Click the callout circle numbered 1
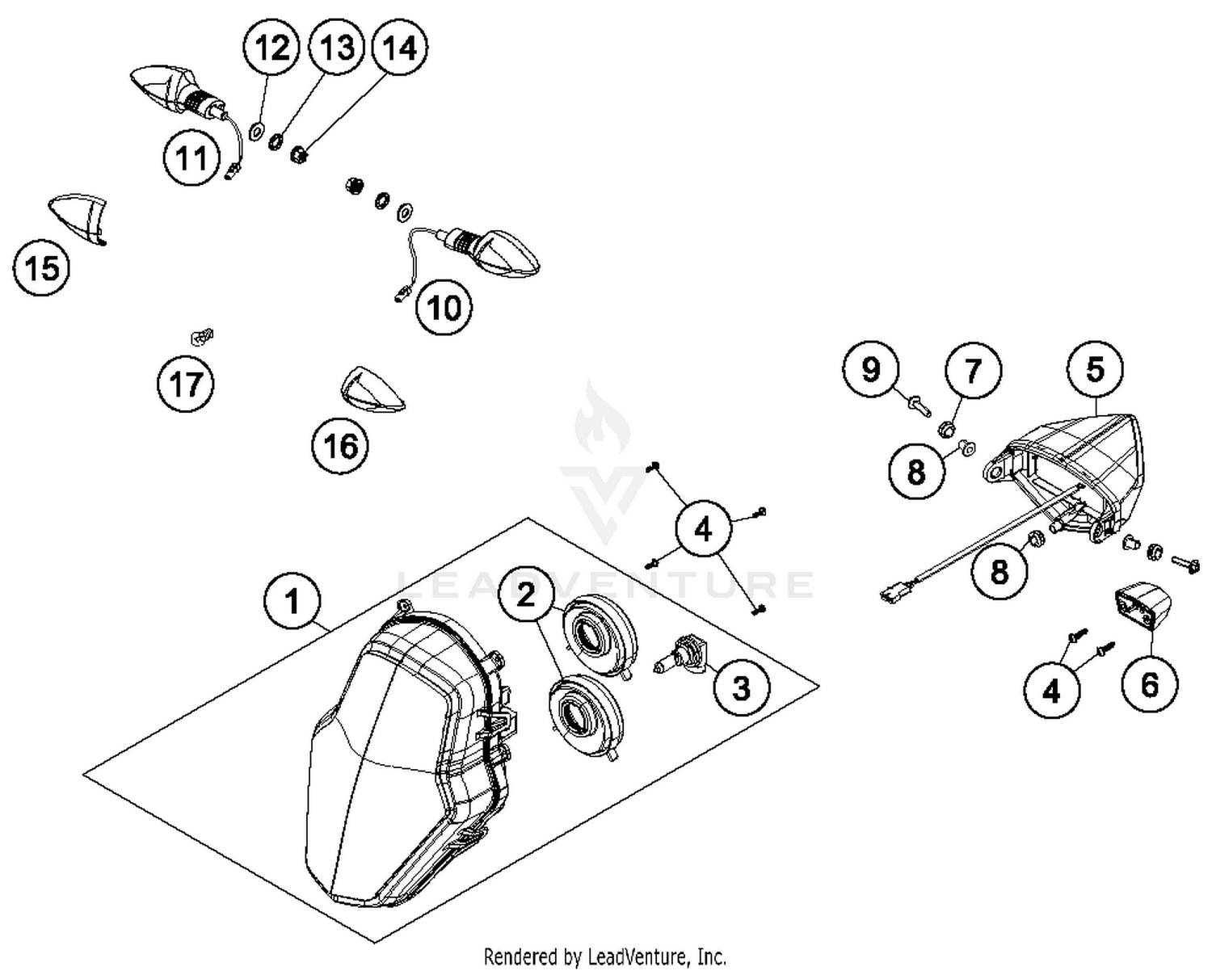(x=292, y=602)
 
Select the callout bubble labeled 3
(x=741, y=688)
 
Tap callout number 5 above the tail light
(x=1095, y=370)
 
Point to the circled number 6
(x=1149, y=685)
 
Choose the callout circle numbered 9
(x=870, y=369)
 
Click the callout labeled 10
(x=444, y=307)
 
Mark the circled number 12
(x=271, y=48)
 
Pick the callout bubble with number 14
(x=399, y=48)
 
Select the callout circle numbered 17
(x=186, y=384)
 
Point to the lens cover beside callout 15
(x=79, y=216)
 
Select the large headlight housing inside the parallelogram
(x=412, y=767)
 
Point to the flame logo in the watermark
(x=600, y=420)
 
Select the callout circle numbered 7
(x=973, y=371)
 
